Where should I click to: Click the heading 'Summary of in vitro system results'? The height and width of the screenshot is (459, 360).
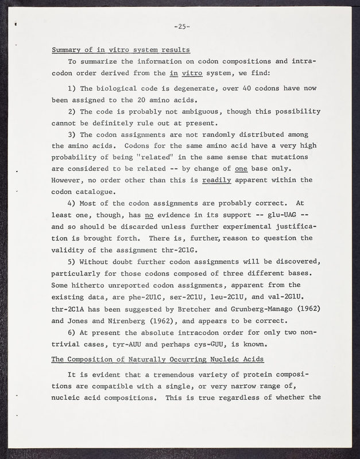click(x=121, y=49)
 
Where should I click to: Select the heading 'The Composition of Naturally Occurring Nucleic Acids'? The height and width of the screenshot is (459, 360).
click(x=157, y=359)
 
